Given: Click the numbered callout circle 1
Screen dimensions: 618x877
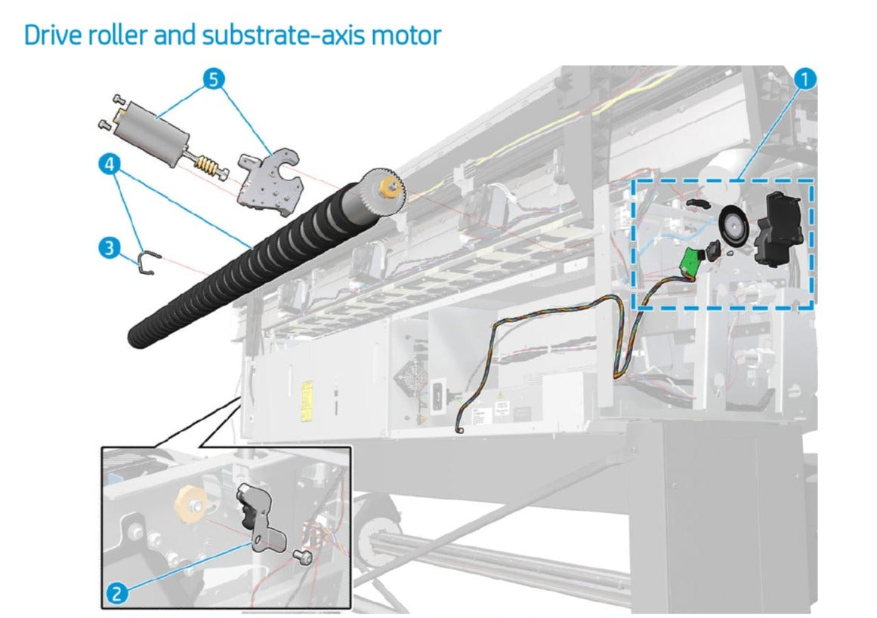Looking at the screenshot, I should coord(805,78).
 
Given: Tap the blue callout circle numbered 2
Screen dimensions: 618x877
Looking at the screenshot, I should coord(116,593).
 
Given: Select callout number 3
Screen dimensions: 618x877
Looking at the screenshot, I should coord(110,247).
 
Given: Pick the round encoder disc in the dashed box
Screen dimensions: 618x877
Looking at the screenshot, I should coord(730,226).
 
